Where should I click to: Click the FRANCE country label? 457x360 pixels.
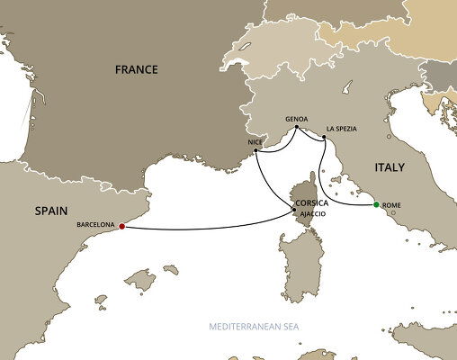pyautogui.click(x=135, y=69)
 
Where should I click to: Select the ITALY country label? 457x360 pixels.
pyautogui.click(x=389, y=167)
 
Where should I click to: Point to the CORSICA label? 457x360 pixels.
pyautogui.click(x=311, y=203)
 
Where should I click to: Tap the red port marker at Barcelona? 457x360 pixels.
pyautogui.click(x=121, y=227)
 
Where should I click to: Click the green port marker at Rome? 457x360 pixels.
pyautogui.click(x=376, y=205)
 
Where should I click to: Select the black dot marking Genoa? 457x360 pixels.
pyautogui.click(x=296, y=127)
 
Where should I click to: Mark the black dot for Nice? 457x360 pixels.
pyautogui.click(x=256, y=149)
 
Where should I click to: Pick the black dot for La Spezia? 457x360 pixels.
pyautogui.click(x=323, y=138)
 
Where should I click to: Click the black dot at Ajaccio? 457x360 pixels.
pyautogui.click(x=293, y=210)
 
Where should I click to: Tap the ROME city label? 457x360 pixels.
pyautogui.click(x=391, y=207)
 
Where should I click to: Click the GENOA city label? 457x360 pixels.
pyautogui.click(x=297, y=118)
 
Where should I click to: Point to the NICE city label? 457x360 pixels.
pyautogui.click(x=254, y=141)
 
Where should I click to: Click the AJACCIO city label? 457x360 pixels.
pyautogui.click(x=311, y=215)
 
